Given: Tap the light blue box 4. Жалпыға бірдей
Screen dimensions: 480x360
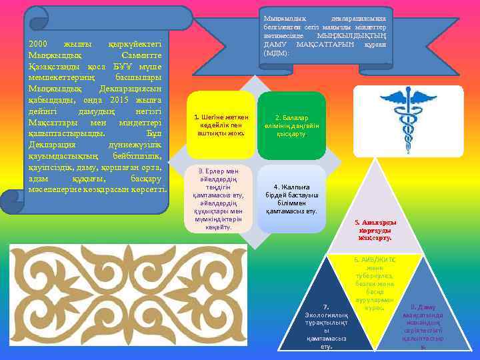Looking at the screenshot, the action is (291, 199).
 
